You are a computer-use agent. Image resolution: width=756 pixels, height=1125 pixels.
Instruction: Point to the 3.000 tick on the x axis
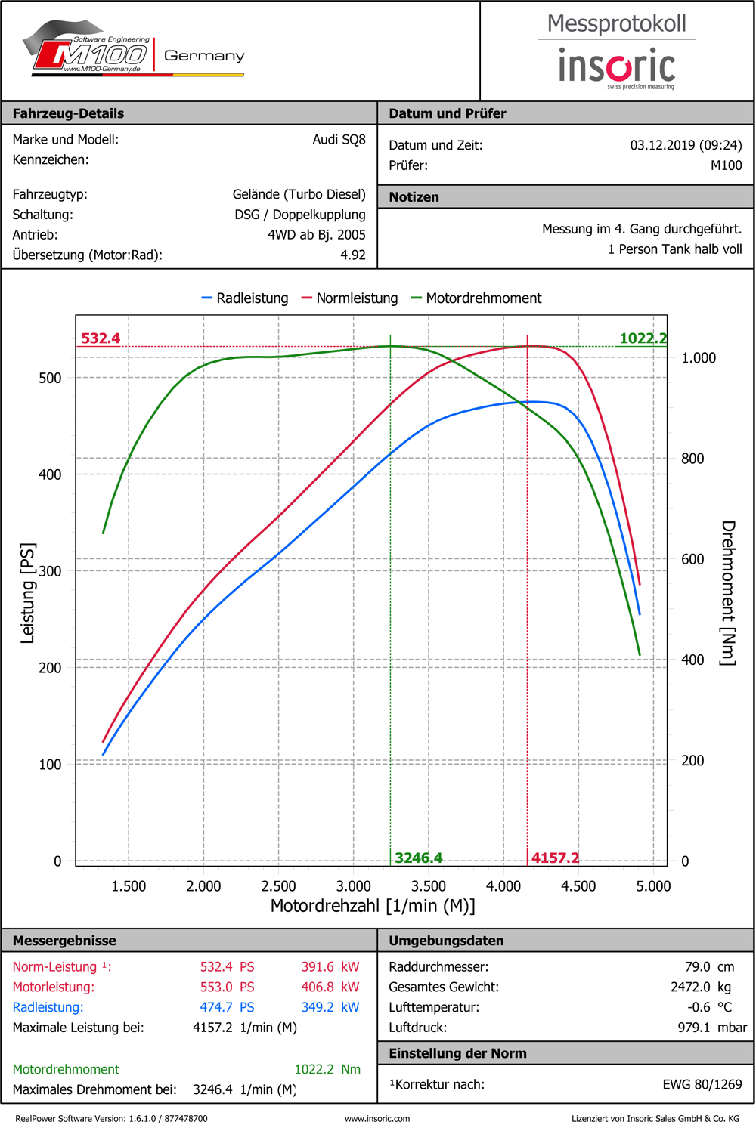pos(353,886)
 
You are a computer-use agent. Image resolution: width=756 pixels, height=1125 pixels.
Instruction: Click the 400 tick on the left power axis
pos(50,474)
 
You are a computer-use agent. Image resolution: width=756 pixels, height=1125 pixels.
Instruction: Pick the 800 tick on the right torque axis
pos(692,459)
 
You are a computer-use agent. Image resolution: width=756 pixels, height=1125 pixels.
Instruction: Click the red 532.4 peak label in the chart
pos(101,338)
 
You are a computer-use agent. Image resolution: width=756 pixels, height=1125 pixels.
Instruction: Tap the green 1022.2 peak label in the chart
pos(643,338)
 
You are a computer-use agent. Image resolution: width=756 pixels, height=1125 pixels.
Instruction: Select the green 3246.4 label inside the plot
pos(419,858)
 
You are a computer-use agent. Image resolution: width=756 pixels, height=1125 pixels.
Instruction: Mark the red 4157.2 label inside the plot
pos(555,858)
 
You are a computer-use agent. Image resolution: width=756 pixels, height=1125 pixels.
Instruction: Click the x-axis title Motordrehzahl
pos(373,906)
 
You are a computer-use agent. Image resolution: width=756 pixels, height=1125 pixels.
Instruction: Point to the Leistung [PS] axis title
pos(27,593)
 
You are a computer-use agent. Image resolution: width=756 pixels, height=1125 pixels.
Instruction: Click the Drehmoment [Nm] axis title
pos(728,593)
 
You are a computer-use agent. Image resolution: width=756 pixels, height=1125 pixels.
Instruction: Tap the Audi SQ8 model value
pos(339,140)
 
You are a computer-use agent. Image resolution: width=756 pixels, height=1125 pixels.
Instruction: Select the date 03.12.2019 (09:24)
pos(686,145)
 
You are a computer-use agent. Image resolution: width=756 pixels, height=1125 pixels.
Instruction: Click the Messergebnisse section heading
pos(64,941)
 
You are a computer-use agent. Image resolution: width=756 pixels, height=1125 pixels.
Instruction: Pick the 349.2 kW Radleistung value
pos(330,1007)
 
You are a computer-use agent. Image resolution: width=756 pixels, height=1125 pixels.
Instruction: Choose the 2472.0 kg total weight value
pos(701,987)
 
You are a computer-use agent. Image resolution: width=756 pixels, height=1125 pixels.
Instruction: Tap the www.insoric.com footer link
pos(377,1118)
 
